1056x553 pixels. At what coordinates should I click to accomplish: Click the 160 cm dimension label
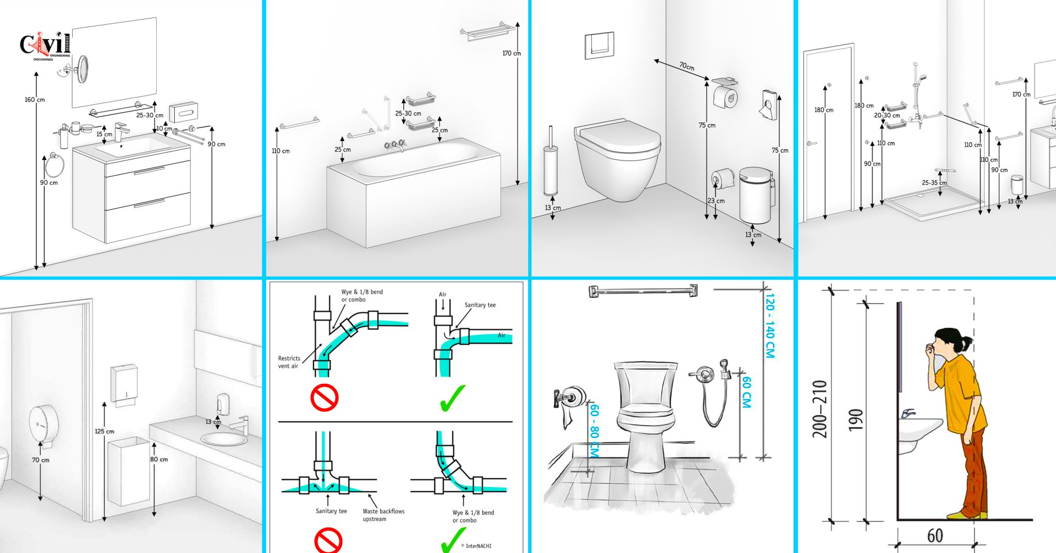[x=35, y=100]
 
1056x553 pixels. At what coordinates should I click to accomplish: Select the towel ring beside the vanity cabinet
[x=54, y=165]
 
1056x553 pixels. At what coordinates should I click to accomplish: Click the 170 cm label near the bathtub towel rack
[x=511, y=53]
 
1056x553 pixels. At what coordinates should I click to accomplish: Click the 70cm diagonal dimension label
[x=686, y=66]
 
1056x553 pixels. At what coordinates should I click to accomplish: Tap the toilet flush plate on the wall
[x=599, y=45]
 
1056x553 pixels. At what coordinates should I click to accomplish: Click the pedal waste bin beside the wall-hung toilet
[x=755, y=195]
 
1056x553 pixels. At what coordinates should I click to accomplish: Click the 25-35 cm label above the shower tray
[x=934, y=183]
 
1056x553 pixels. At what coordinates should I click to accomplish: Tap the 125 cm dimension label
[x=104, y=431]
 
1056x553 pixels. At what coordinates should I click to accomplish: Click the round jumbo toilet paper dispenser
[x=43, y=425]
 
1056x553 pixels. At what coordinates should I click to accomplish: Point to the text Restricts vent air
[x=289, y=362]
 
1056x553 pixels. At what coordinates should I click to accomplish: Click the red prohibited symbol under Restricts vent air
[x=324, y=398]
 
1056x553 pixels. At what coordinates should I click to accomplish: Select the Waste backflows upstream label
[x=383, y=515]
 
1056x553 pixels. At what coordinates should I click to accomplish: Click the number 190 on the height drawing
[x=855, y=420]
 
